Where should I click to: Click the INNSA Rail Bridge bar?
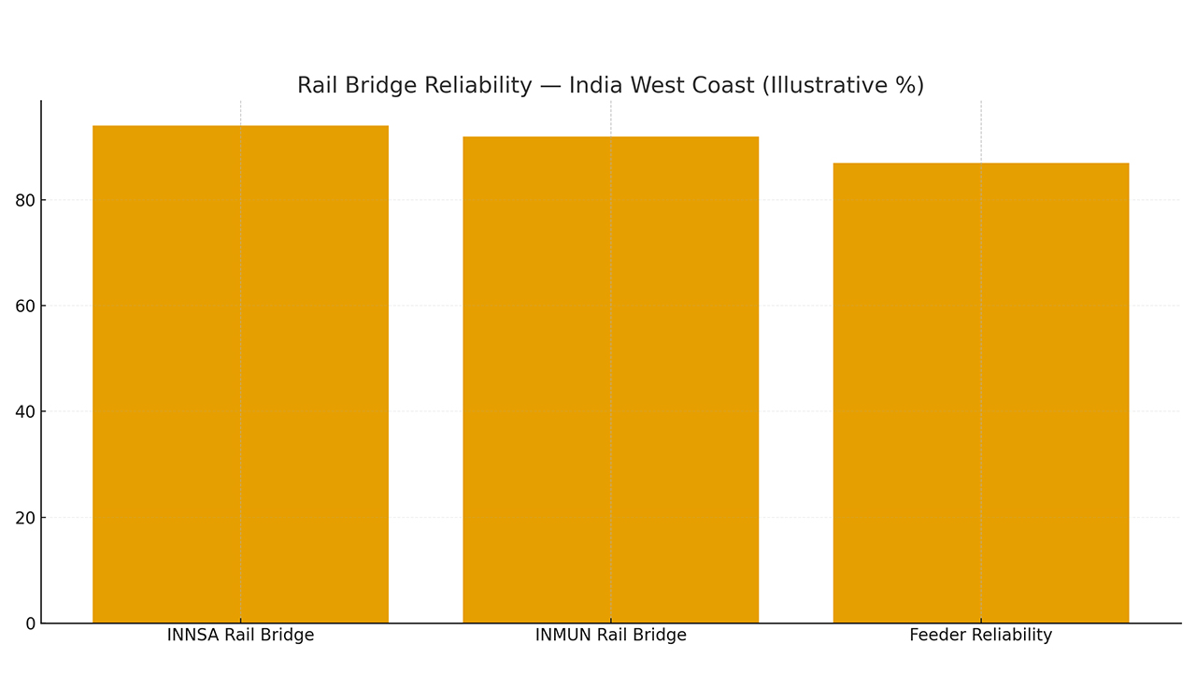click(240, 374)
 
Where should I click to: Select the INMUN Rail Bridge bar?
click(611, 379)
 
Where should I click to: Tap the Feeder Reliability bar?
click(981, 393)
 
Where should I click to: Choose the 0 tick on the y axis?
click(30, 623)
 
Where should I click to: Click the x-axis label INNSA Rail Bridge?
click(240, 636)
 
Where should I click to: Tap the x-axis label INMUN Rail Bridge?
click(611, 636)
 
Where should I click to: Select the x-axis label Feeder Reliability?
click(981, 636)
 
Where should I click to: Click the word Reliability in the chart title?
click(478, 85)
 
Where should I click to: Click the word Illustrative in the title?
click(829, 85)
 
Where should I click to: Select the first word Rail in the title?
click(318, 85)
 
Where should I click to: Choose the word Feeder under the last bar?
click(937, 636)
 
